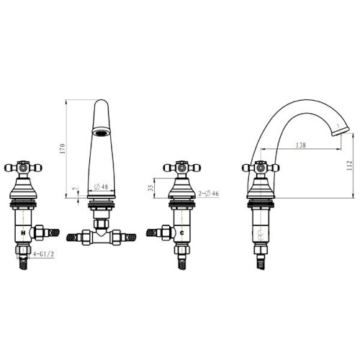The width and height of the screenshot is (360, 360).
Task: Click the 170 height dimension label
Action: (x=63, y=148)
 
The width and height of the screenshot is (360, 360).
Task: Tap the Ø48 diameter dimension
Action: (x=101, y=186)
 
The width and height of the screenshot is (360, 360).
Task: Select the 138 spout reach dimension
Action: (x=301, y=145)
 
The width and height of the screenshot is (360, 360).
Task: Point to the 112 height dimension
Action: (x=349, y=166)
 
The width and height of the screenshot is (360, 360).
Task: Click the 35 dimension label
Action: (x=150, y=188)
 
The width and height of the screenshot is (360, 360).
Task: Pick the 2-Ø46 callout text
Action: (x=209, y=193)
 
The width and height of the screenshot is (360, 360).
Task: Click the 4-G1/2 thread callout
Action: (x=43, y=254)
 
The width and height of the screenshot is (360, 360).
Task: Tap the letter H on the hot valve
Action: (x=23, y=233)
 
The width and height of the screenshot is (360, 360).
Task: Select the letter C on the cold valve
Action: (x=182, y=233)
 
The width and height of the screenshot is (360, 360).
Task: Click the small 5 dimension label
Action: (x=76, y=189)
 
